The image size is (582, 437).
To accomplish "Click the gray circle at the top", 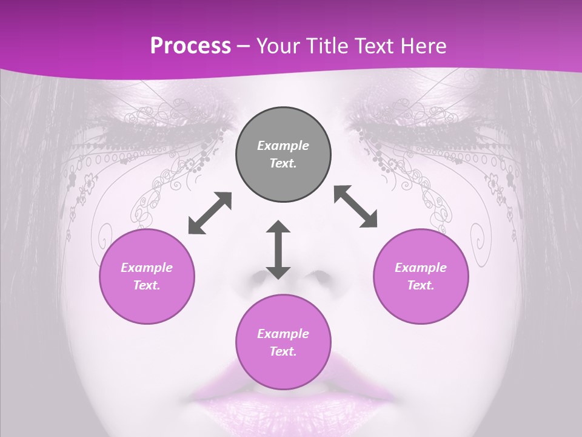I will [x=283, y=155].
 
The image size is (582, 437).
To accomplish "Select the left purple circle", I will [x=147, y=276].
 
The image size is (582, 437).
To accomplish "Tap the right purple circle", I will [x=421, y=276].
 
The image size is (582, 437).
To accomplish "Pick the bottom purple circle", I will [x=283, y=342].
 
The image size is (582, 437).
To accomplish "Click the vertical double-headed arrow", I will [x=278, y=250].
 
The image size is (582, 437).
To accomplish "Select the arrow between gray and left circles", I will [x=210, y=213].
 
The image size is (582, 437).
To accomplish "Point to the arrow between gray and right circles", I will [x=355, y=206].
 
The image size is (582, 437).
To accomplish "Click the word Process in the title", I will [x=190, y=46].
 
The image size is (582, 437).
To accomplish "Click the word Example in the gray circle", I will [x=283, y=146].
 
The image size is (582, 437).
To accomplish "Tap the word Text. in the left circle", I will [x=147, y=285].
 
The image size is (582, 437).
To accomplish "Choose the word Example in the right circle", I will [x=421, y=268].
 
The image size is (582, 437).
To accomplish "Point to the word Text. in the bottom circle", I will [x=283, y=351].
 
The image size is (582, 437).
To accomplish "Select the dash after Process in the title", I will [x=244, y=46].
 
